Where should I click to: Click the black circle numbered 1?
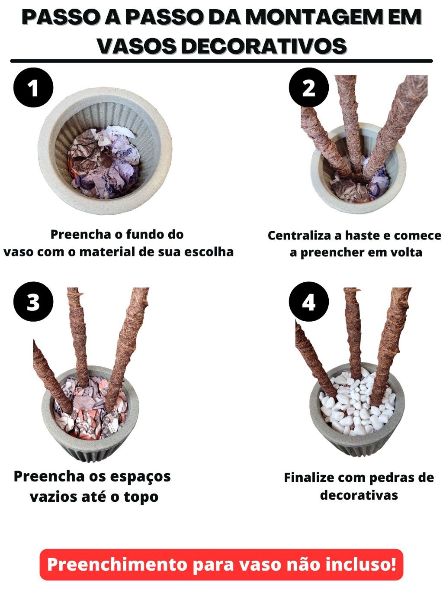[33, 87]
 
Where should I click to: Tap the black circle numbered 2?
[309, 87]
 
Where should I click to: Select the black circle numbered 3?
[33, 301]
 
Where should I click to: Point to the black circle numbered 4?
[309, 301]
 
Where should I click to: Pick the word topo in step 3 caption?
[141, 497]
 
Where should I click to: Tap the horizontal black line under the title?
[221, 61]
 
